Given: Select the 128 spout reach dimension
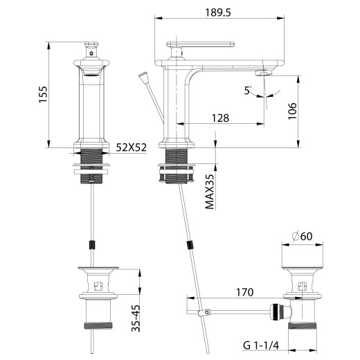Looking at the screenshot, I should point(220,118).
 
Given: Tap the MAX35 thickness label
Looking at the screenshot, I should point(210,192).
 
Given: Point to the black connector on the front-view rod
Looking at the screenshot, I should point(91,244).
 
